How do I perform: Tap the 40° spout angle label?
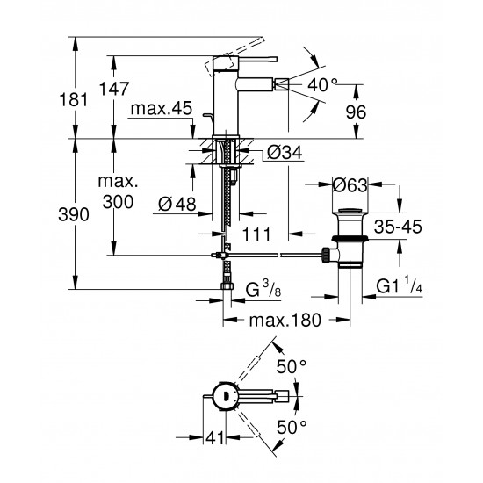321,84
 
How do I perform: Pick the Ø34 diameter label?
283,154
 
